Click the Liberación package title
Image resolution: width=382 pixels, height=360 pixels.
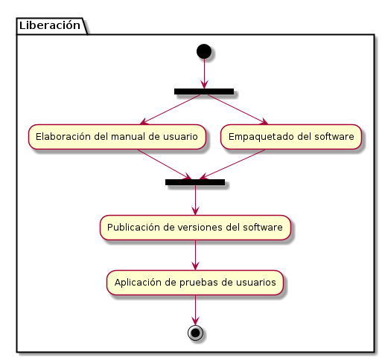(x=50, y=25)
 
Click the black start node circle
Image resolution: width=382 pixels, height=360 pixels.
(x=204, y=51)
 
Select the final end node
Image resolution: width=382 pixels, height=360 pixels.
(x=195, y=333)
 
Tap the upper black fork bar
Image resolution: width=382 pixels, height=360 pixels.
(x=204, y=91)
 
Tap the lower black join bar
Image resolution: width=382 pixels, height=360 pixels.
(x=195, y=182)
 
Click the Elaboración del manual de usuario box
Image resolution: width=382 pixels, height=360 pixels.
(x=117, y=137)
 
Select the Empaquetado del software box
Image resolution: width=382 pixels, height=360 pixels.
(x=291, y=137)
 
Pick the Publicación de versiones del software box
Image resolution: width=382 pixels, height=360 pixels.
(x=195, y=228)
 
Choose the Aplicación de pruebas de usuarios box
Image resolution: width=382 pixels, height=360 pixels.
(x=195, y=283)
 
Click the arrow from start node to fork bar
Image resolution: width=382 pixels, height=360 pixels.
(x=204, y=74)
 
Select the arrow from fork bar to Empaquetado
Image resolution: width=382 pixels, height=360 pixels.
(x=238, y=109)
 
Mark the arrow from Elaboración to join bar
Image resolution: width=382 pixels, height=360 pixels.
(x=165, y=164)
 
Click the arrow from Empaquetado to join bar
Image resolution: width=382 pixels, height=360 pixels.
(x=232, y=164)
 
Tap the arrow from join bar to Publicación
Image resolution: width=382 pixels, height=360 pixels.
(x=195, y=200)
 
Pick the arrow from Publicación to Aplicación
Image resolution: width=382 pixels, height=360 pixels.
(x=195, y=255)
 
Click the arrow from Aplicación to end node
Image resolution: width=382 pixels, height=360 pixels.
(x=195, y=310)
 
